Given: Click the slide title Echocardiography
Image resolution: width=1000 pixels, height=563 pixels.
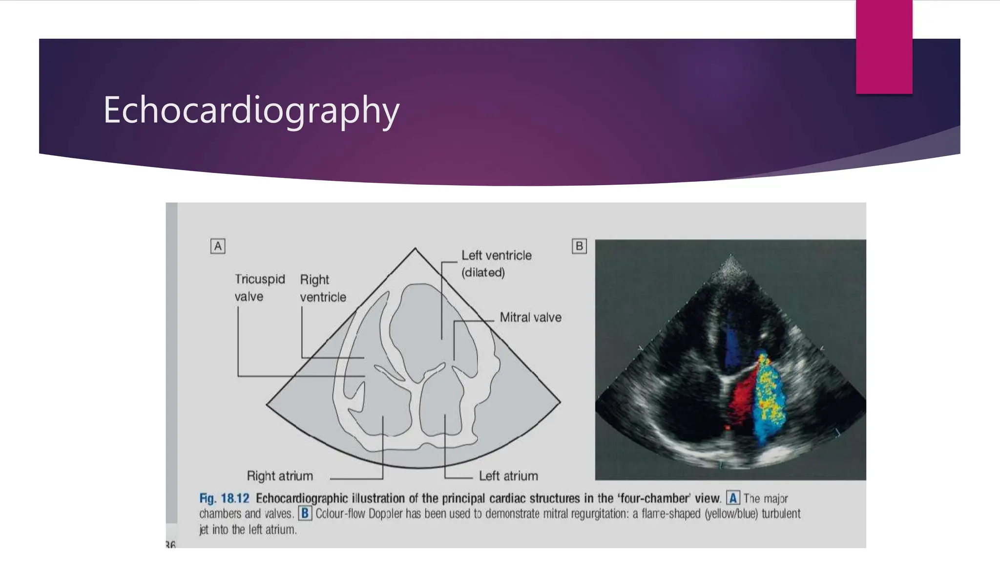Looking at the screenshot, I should tap(251, 110).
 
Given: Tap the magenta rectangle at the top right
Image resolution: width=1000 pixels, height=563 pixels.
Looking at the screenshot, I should tap(884, 46).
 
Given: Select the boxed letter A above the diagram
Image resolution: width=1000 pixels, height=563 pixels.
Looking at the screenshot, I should tap(218, 246).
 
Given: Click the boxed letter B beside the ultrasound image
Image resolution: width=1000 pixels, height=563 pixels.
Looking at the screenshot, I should tap(579, 246).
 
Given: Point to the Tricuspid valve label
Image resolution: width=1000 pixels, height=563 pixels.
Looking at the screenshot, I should tap(259, 288).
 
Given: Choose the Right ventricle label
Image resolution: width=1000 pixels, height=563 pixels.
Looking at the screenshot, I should tap(322, 288).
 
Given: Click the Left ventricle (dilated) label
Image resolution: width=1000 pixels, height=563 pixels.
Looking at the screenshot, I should tap(496, 264).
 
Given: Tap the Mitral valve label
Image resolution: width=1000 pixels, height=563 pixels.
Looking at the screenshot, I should tap(530, 318).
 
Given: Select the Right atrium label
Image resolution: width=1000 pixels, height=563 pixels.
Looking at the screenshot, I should tap(279, 476).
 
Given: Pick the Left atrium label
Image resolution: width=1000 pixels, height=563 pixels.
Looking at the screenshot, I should tap(508, 476).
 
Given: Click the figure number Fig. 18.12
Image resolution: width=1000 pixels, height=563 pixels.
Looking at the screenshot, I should tap(224, 498).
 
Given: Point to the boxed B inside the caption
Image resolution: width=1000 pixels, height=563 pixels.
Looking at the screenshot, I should tap(305, 514).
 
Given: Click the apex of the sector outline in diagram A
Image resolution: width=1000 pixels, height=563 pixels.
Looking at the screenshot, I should tap(415, 249).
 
